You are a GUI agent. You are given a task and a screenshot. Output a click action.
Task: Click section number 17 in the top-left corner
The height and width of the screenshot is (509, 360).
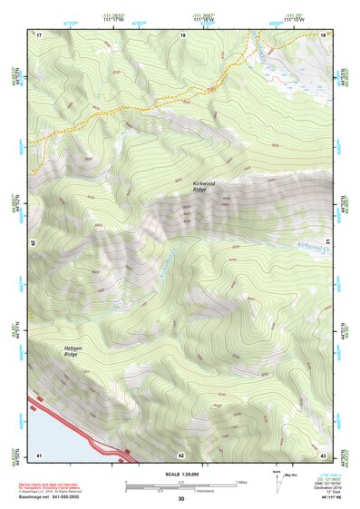coord(39,34)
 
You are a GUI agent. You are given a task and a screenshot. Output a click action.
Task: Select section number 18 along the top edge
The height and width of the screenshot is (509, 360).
coord(182,34)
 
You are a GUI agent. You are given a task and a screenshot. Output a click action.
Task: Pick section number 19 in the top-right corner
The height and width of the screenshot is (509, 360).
coord(323,34)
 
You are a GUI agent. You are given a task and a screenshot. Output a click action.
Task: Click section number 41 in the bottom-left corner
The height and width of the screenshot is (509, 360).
coord(39,454)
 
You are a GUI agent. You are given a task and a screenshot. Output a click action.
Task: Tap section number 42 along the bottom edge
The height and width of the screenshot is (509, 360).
coord(181,454)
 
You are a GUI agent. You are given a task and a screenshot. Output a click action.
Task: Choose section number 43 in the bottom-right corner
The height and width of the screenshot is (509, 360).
coord(323,454)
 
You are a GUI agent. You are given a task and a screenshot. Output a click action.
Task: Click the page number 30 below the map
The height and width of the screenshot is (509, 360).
coord(181,498)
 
